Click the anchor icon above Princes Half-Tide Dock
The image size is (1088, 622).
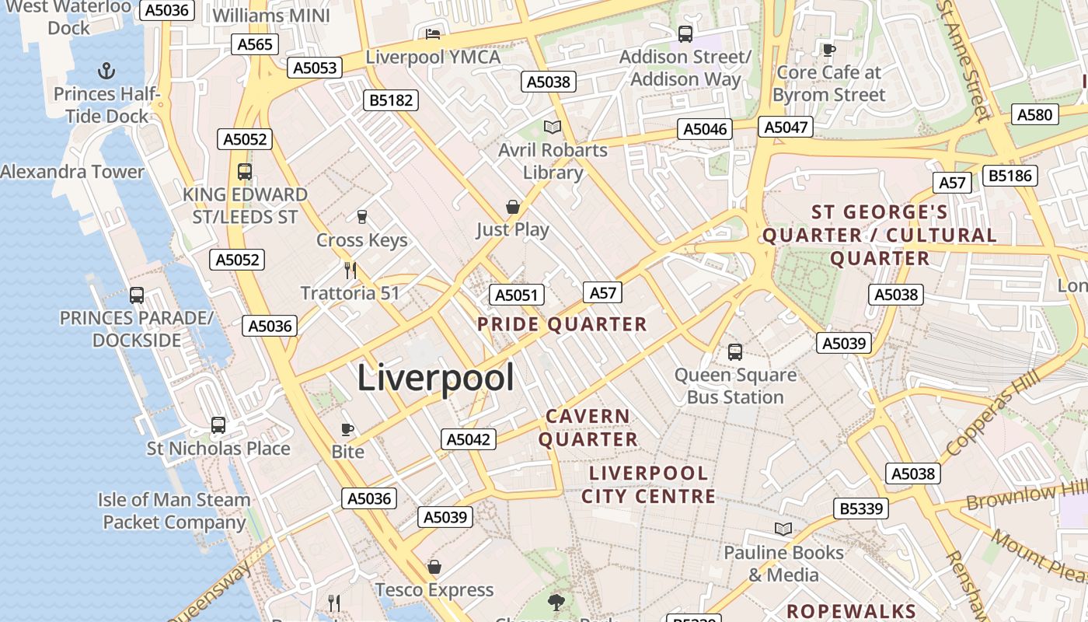point(106,72)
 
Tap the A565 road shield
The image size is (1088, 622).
point(255,44)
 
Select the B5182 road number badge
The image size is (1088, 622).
point(392,100)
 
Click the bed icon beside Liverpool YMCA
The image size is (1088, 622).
point(433,33)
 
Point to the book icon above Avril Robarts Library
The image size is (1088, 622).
point(553,127)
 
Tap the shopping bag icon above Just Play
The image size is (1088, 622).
point(513,207)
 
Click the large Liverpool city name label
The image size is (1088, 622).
point(435,379)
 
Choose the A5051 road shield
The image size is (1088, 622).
point(516,295)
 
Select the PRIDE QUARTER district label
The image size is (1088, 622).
point(562,324)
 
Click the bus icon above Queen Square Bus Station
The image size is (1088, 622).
point(735,352)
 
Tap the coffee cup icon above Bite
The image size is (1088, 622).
point(347,429)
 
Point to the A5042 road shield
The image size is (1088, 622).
point(469,439)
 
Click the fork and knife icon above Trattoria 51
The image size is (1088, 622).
point(350,270)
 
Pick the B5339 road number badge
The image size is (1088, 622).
point(861,508)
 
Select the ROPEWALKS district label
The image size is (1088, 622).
point(852,611)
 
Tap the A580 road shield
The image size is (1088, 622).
point(1035,115)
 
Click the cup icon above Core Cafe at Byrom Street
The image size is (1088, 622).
point(829,50)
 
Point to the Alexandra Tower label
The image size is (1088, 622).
point(72,172)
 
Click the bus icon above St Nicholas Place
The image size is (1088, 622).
point(218,425)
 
